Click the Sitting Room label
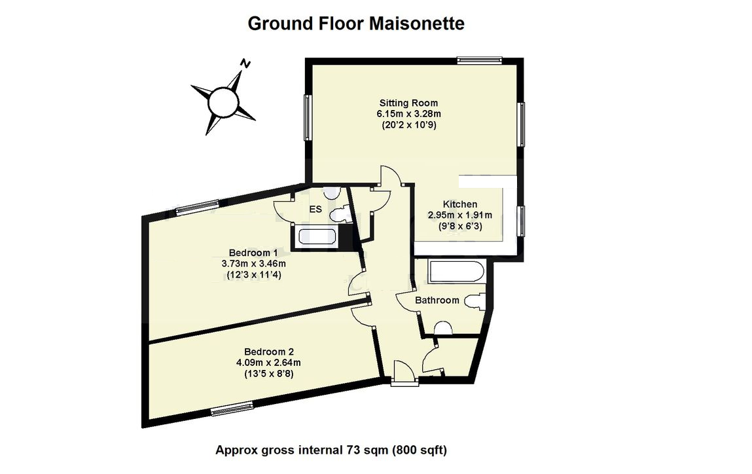click(x=408, y=103)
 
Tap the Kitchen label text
click(x=460, y=204)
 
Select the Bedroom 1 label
click(x=254, y=253)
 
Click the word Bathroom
click(x=437, y=300)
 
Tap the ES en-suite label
click(x=315, y=210)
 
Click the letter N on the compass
click(x=245, y=64)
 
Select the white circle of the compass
click(x=222, y=101)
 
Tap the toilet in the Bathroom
click(x=475, y=301)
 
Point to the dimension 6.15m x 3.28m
click(x=408, y=114)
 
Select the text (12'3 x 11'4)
click(x=254, y=276)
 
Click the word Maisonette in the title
click(x=417, y=24)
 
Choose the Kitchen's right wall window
click(x=522, y=220)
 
